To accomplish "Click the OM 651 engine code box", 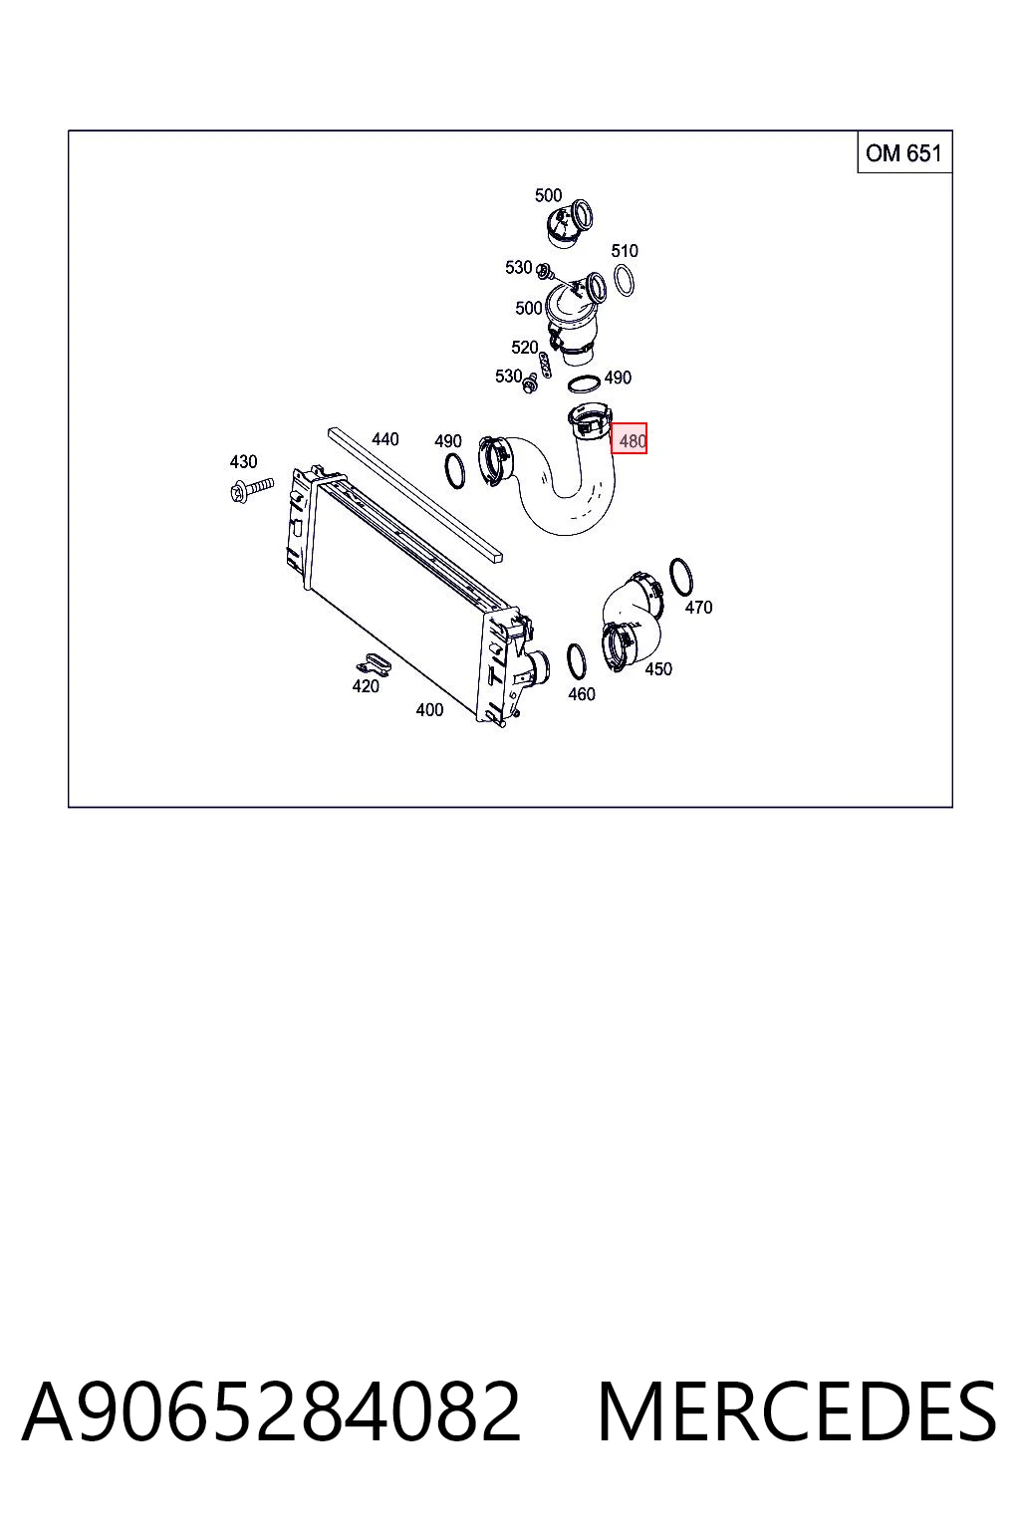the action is (904, 151).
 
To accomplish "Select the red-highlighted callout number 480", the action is (629, 438).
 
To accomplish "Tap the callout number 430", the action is (243, 462).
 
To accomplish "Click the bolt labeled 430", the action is (252, 489).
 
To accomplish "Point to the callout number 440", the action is (384, 438).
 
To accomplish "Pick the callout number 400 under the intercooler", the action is (429, 709).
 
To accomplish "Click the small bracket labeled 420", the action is (373, 663).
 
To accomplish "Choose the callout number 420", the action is (365, 685).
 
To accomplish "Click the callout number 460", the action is (582, 694).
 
